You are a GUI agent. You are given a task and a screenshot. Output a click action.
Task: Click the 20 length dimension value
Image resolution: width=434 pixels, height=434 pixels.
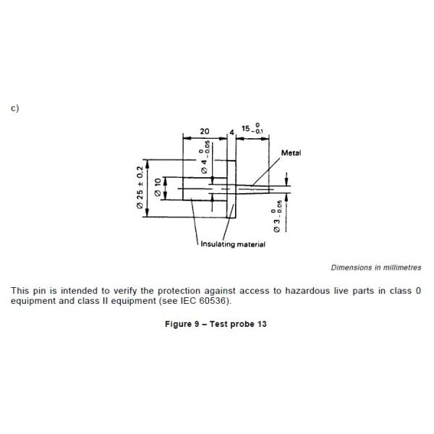[x=205, y=131]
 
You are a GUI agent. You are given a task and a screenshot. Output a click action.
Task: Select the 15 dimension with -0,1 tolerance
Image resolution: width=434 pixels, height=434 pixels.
[x=252, y=128]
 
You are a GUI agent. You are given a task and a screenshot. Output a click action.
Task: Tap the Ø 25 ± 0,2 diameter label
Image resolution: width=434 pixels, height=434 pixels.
[x=140, y=187]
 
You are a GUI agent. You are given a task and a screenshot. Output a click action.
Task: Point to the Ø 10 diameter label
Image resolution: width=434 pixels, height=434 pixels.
[x=158, y=187]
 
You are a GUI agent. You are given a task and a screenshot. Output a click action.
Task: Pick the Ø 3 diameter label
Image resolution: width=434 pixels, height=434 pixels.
[x=277, y=216]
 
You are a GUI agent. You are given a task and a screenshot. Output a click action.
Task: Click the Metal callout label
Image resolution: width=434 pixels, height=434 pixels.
[x=291, y=153]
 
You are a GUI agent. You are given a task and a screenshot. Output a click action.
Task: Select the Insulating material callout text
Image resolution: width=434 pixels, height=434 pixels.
[x=233, y=244]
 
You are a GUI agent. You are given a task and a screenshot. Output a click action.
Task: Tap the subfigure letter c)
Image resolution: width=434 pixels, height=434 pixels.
[x=15, y=108]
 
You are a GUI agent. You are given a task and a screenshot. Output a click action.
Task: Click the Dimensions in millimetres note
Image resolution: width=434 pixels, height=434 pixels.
[x=376, y=268]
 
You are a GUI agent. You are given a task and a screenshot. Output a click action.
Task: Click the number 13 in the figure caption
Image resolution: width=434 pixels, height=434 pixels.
[x=262, y=324]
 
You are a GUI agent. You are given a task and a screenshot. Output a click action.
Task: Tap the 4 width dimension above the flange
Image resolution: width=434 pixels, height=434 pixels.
[x=231, y=132]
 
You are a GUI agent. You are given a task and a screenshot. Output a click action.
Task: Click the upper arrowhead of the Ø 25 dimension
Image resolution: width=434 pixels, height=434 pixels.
[x=148, y=164]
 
